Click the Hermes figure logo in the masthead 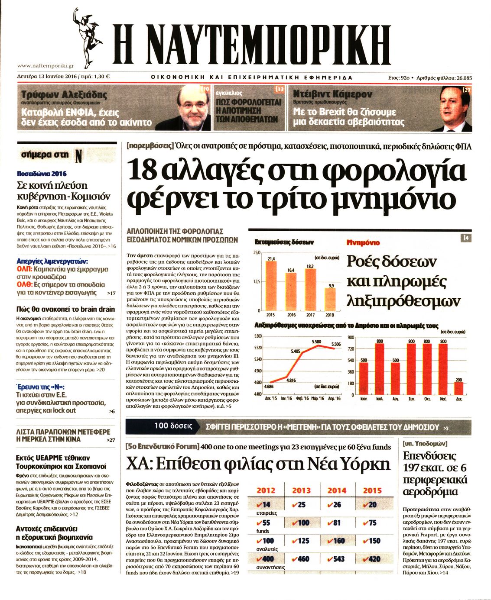click(x=88, y=37)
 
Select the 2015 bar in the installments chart click(x=271, y=286)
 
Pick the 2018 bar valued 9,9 click(x=330, y=299)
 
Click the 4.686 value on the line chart click(x=269, y=386)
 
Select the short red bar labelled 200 click(x=458, y=388)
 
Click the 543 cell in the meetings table click(x=336, y=559)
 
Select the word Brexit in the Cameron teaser click(x=334, y=112)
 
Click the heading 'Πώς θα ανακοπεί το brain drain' click(x=65, y=309)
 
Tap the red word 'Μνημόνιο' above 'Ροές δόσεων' click(x=363, y=242)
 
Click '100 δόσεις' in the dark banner click(x=173, y=426)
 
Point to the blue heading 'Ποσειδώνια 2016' click(x=42, y=174)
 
